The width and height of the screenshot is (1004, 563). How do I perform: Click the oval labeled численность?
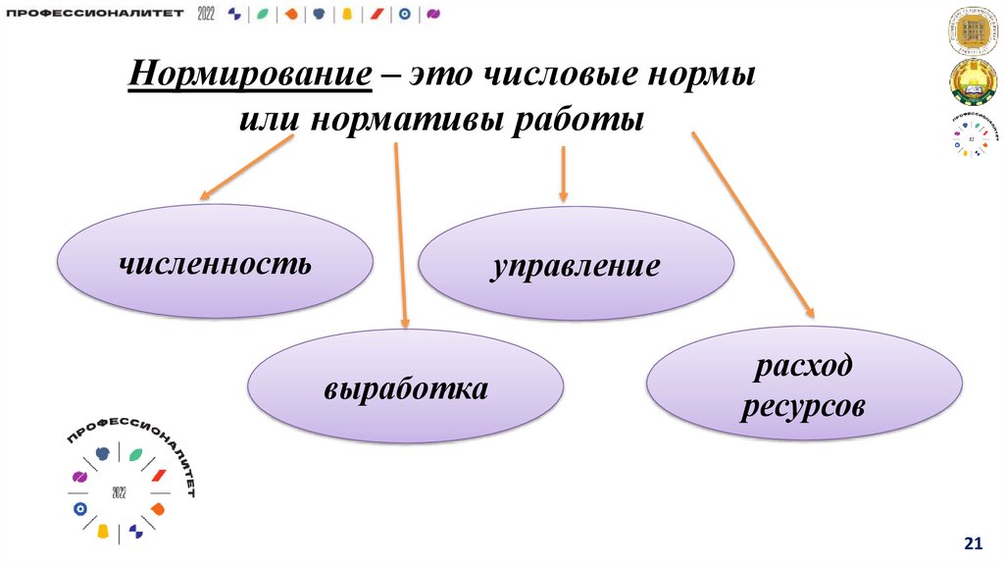[x=215, y=262]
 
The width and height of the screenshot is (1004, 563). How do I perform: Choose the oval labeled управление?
[x=576, y=264]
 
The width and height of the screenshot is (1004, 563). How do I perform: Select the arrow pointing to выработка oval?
[x=401, y=235]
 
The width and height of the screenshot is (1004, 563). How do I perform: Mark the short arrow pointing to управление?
[x=563, y=176]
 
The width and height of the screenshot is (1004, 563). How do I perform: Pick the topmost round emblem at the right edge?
[x=973, y=32]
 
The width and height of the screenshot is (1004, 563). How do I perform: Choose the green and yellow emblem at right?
[x=973, y=82]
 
